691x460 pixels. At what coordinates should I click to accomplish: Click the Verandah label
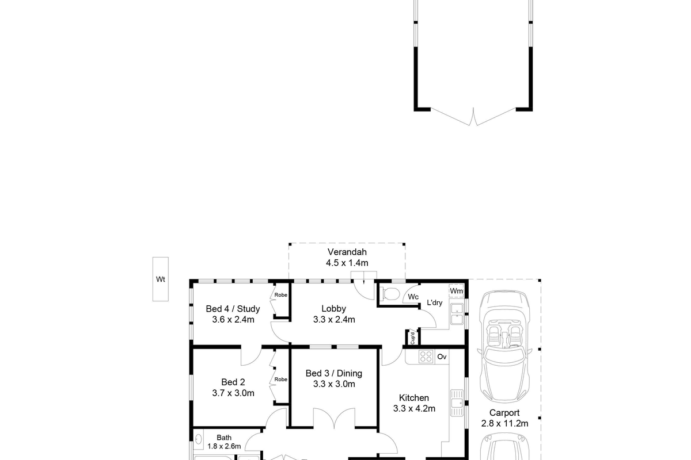tap(347, 252)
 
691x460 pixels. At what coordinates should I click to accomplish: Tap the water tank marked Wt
tap(161, 279)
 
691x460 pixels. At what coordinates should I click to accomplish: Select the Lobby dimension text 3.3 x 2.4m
tap(334, 320)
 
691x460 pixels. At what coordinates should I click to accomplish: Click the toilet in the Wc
tap(390, 294)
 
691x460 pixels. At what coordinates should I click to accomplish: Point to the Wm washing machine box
tap(456, 291)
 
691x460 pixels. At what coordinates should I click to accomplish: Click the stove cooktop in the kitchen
tap(426, 356)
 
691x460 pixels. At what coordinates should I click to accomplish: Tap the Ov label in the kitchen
tap(442, 356)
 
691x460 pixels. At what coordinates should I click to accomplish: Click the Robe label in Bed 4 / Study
tap(281, 295)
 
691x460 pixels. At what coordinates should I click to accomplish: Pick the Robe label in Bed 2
tap(281, 379)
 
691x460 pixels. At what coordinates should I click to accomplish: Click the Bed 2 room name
tap(233, 382)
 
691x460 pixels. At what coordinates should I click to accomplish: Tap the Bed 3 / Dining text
tap(334, 373)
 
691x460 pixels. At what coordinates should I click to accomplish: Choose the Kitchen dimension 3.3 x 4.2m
tap(414, 409)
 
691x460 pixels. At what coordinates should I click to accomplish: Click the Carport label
tap(504, 412)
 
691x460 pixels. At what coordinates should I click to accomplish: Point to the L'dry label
tap(434, 302)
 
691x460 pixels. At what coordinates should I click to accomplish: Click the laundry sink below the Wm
tap(457, 314)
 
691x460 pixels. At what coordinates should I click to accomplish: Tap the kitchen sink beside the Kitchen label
tap(457, 403)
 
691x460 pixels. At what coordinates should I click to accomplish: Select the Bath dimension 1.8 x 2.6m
tap(224, 446)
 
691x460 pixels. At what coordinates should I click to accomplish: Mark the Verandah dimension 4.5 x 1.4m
tap(347, 263)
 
